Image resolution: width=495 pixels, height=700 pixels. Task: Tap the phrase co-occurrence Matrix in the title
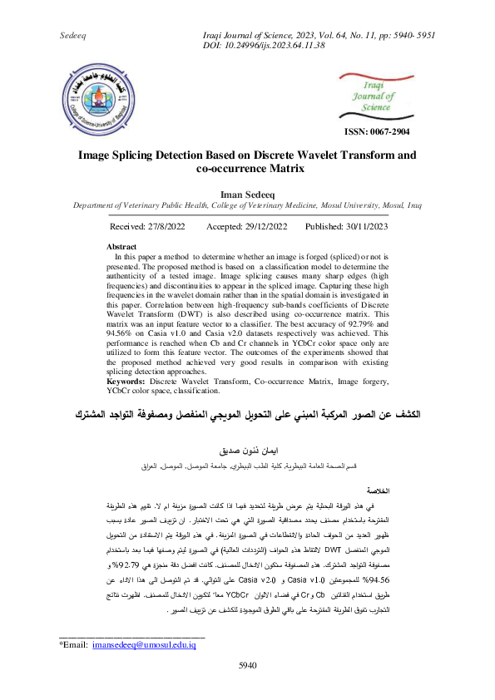(x=246, y=169)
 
